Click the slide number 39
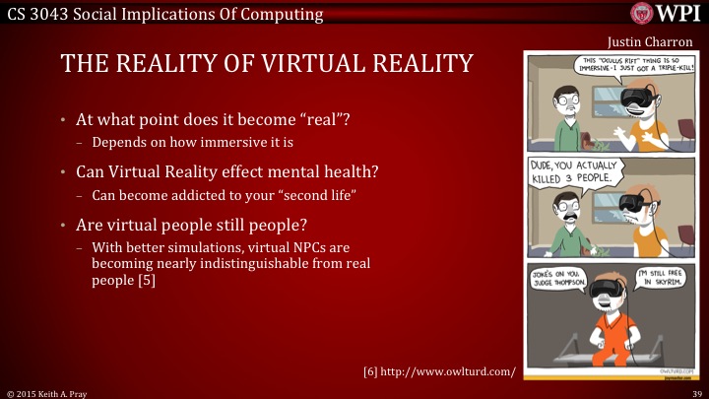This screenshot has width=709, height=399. point(695,392)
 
